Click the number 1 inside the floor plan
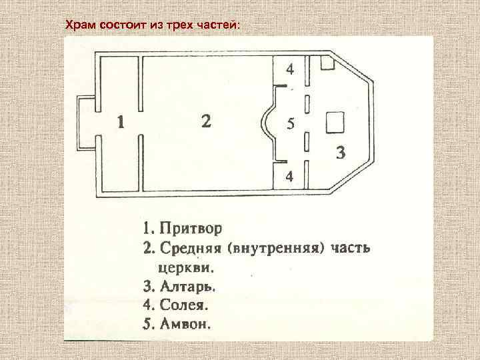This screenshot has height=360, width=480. [120, 123]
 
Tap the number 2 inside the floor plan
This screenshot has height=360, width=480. [207, 121]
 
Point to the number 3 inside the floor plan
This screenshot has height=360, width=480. [341, 153]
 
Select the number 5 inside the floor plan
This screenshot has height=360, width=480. [290, 124]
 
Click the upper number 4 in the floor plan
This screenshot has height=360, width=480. [290, 69]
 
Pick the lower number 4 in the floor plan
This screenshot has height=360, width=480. [289, 177]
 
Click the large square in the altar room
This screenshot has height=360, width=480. [334, 123]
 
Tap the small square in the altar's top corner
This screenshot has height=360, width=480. [327, 63]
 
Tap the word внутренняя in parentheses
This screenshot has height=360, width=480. [273, 249]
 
